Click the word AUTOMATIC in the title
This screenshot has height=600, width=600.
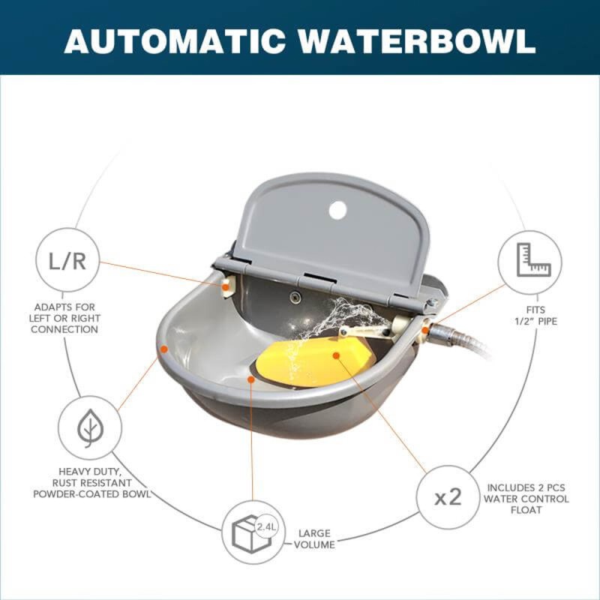[x=175, y=41]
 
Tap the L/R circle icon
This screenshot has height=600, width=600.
[x=67, y=260]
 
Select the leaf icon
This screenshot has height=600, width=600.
[x=90, y=427]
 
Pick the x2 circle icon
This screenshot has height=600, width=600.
[x=448, y=497]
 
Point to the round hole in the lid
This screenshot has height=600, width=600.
[x=337, y=210]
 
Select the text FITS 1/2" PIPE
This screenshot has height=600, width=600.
[x=535, y=315]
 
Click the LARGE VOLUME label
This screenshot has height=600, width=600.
[x=314, y=538]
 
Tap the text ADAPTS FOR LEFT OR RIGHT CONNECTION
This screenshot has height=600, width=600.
[x=64, y=318]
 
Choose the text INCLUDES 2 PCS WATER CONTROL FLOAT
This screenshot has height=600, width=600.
[x=526, y=499]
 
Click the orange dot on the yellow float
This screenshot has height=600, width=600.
[x=336, y=355]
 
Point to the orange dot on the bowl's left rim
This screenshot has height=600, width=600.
[x=164, y=349]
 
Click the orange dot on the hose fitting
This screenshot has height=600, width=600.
[x=425, y=330]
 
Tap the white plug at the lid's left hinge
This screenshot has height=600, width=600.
[x=226, y=288]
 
